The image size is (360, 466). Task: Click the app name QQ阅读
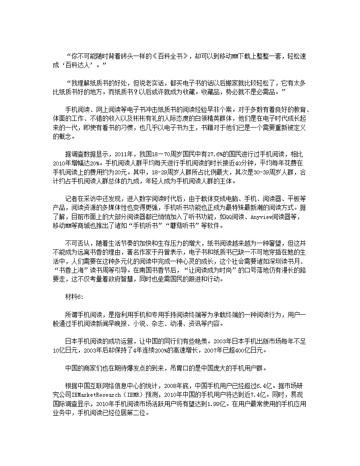tap(236, 217)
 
